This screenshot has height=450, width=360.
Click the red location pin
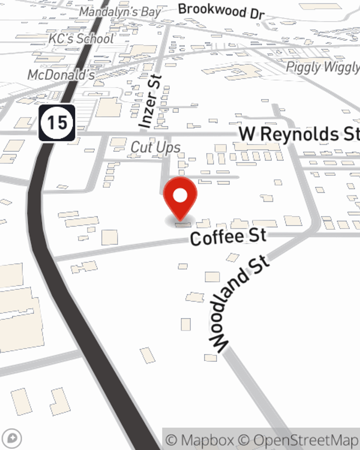[180, 198]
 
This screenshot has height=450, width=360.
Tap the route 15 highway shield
[57, 123]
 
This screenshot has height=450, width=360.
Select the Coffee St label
[228, 237]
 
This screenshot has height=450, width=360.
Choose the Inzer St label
[150, 102]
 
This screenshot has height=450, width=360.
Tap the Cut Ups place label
[156, 147]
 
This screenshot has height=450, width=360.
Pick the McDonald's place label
[61, 75]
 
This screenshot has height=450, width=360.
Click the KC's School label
[81, 39]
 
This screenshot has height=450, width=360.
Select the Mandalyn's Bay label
[120, 12]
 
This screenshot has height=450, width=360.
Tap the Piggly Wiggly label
[323, 67]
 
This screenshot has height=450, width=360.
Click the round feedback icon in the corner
[12, 438]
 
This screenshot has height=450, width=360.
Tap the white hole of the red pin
[180, 195]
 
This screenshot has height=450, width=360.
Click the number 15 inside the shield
[57, 123]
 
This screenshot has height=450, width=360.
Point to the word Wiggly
[341, 67]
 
